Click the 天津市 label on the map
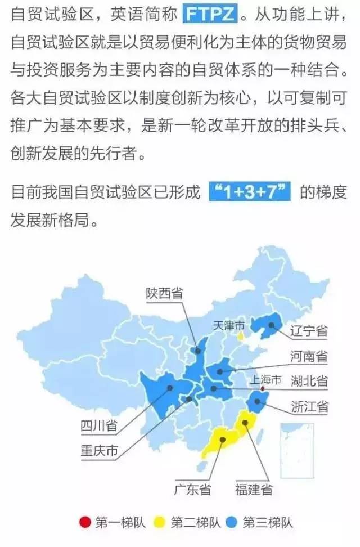[229, 326]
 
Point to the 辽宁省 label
[309, 330]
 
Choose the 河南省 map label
[309, 356]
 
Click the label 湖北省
[309, 381]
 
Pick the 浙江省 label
[309, 407]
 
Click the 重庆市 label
[99, 451]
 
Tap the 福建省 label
[253, 490]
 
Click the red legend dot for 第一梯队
[85, 523]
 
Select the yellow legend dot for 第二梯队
[160, 523]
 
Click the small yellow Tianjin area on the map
[241, 336]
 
